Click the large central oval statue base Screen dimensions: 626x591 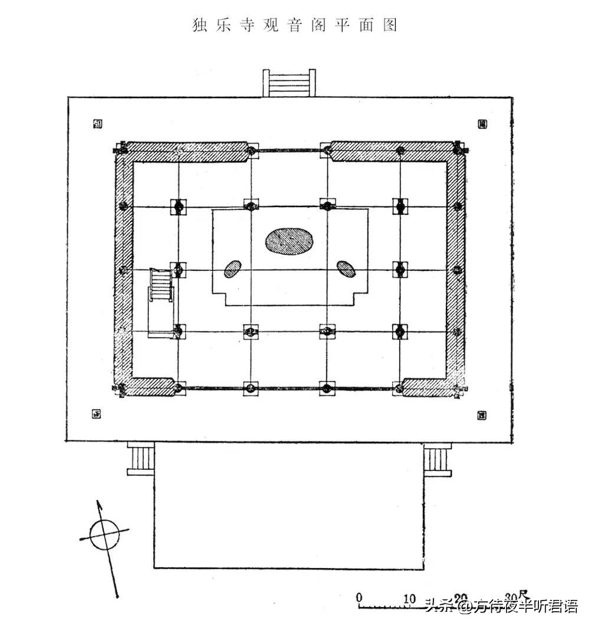pyautogui.click(x=289, y=241)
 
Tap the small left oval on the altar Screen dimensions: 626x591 pyautogui.click(x=232, y=270)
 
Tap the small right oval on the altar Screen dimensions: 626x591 pyautogui.click(x=346, y=269)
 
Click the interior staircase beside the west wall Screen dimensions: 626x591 pyautogui.click(x=161, y=284)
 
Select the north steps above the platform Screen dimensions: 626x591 pyautogui.click(x=289, y=83)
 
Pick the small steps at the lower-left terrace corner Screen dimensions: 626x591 pyautogui.click(x=142, y=459)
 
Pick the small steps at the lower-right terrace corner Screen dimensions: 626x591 pyautogui.click(x=437, y=459)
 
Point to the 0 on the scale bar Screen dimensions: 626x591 pyautogui.click(x=359, y=596)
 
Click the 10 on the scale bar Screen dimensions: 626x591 pyautogui.click(x=409, y=597)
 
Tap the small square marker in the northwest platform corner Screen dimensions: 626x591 pyautogui.click(x=97, y=124)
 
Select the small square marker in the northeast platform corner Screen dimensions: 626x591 pyautogui.click(x=482, y=124)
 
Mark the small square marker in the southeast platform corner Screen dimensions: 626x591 pyautogui.click(x=482, y=415)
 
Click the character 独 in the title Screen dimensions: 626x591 pyautogui.click(x=200, y=25)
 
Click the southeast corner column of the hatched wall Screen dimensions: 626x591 pyautogui.click(x=457, y=389)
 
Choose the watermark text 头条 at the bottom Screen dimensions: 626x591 pyautogui.click(x=438, y=606)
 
